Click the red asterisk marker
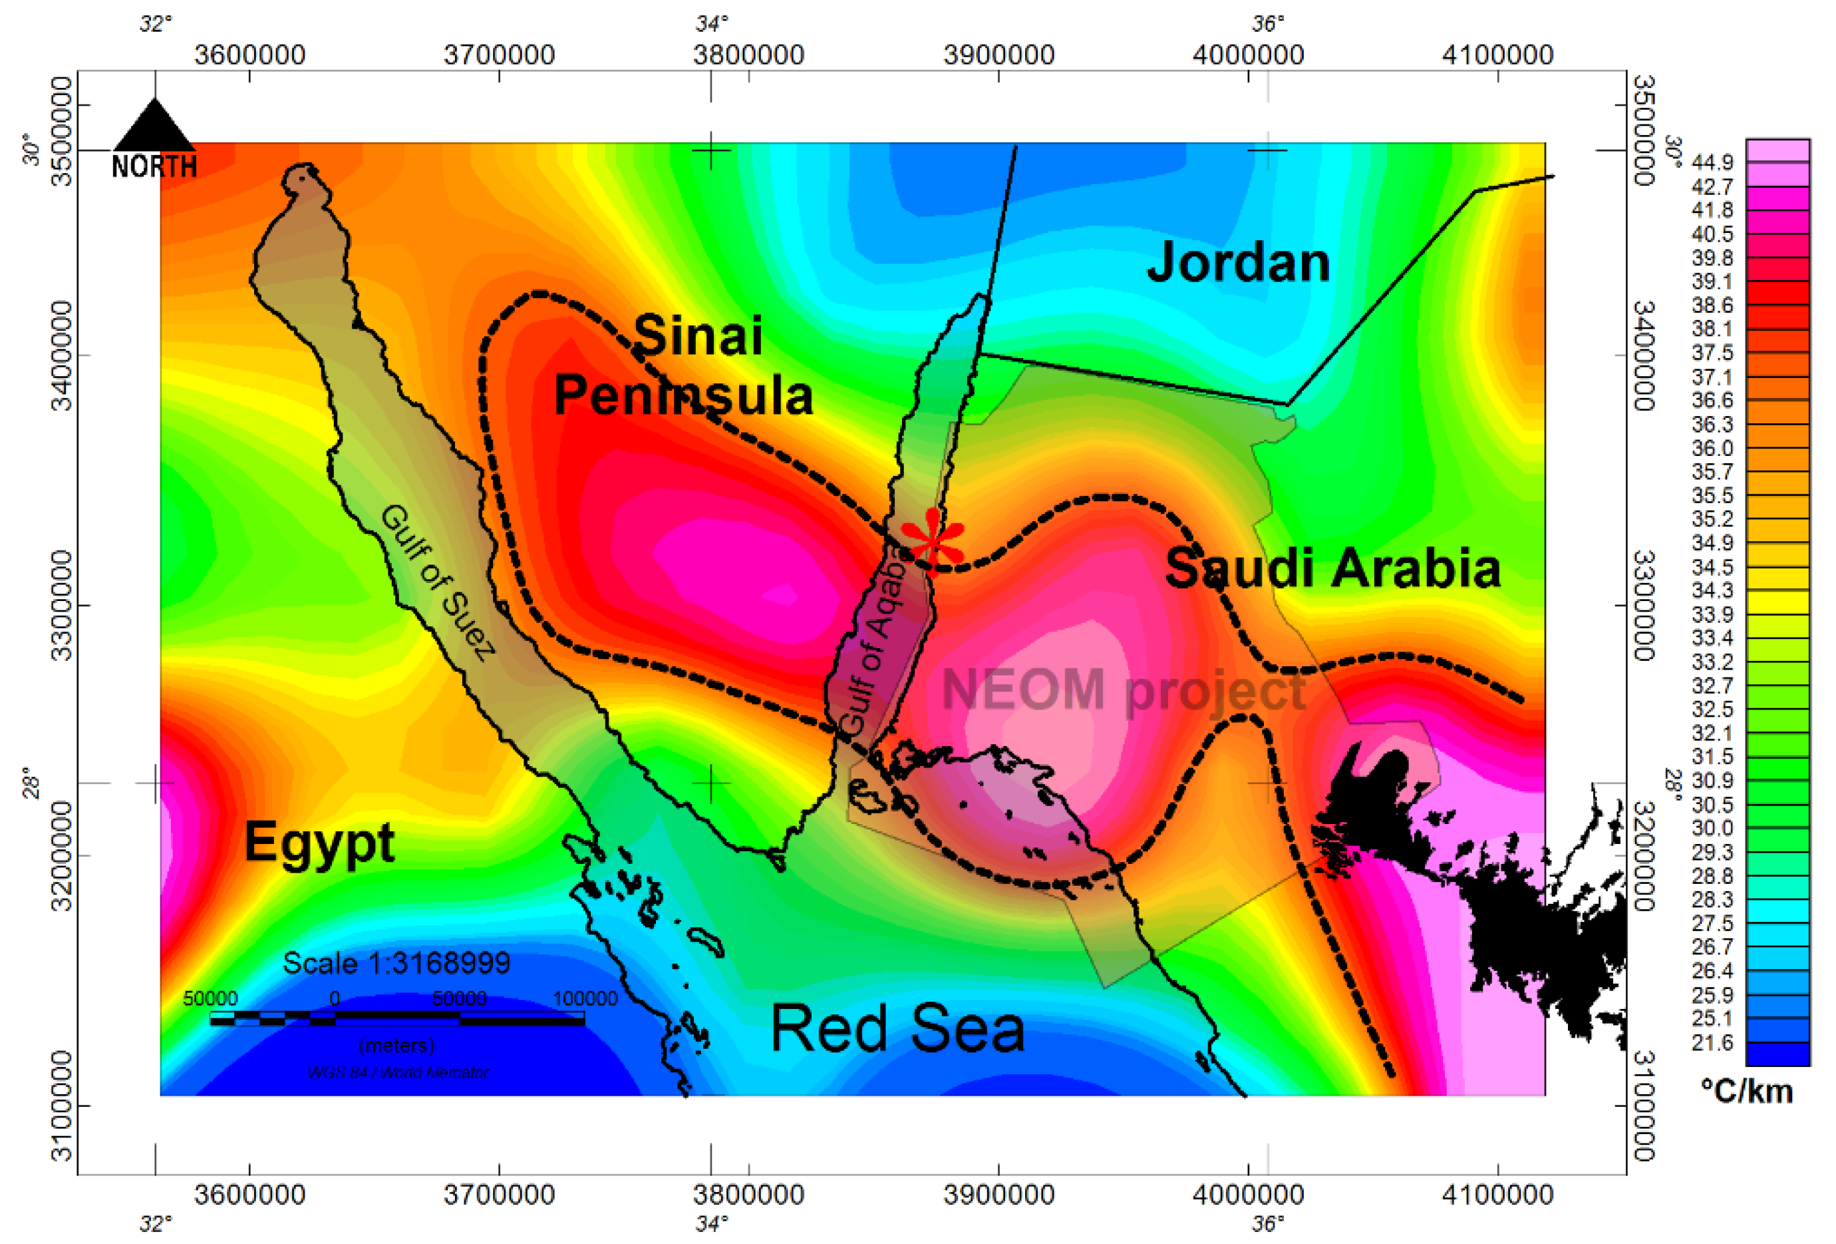click(x=933, y=540)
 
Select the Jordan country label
click(x=1238, y=262)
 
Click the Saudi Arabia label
click(x=1332, y=568)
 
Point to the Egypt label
click(x=319, y=843)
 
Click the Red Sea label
click(x=897, y=1028)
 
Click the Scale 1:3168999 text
click(x=396, y=962)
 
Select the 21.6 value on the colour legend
click(x=1712, y=1042)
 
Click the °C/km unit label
click(x=1746, y=1092)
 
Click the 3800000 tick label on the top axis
click(x=748, y=55)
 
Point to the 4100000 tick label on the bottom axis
click(x=1497, y=1194)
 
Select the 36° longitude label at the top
click(x=1267, y=25)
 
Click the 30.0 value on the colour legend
click(x=1712, y=828)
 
